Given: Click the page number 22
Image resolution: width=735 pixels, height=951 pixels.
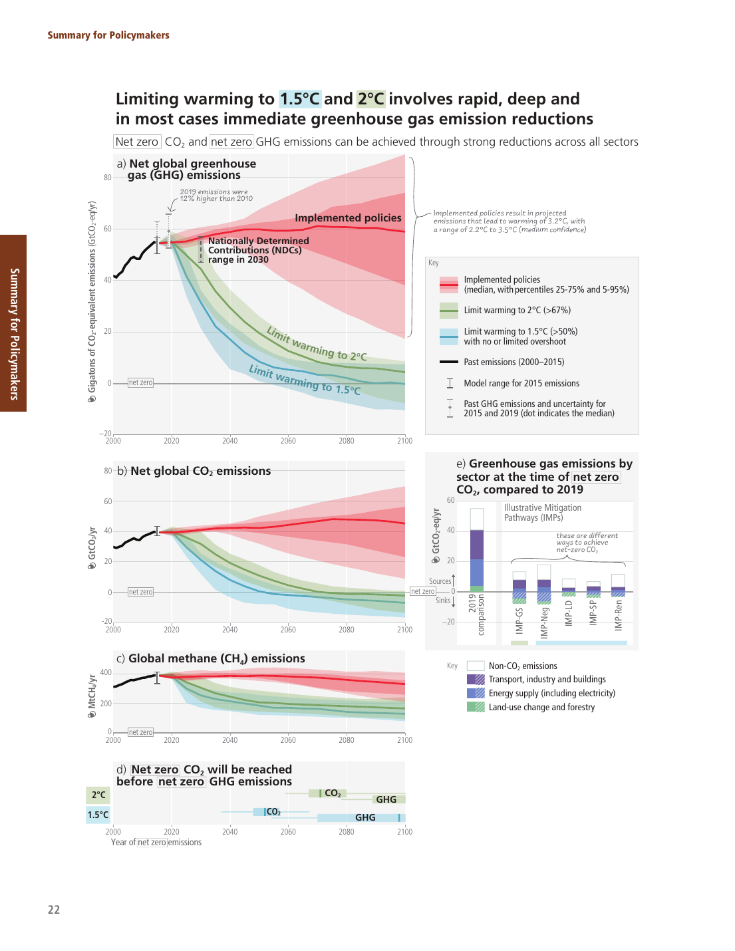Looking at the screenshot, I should point(54,910).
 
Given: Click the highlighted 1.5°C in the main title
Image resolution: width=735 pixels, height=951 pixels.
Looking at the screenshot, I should point(299,99).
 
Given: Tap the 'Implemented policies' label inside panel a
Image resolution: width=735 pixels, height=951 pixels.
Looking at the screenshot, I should point(348,218).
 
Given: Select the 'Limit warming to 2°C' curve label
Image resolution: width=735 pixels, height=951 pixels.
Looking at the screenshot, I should point(317,344).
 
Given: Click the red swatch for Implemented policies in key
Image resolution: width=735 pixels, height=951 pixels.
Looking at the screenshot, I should point(448,285).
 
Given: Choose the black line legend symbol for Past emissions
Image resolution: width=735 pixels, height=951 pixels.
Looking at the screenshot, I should point(448,362).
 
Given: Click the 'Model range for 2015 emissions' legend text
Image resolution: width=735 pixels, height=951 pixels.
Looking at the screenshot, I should point(521,384).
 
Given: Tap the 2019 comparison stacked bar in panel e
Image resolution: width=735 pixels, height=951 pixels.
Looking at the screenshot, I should point(476,550).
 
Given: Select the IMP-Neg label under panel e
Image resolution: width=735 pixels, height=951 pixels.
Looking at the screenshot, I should point(545,622).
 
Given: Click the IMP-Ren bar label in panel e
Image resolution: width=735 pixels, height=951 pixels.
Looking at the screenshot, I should point(619,615).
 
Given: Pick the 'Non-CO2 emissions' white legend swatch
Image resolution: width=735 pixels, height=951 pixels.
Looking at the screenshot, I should point(476,666).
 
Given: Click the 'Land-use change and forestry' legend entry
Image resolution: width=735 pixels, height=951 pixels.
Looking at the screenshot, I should point(541,707).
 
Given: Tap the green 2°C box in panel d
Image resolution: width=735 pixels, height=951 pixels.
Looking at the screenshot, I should point(98,795).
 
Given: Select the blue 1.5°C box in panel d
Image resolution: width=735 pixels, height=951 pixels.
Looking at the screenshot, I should point(98,815).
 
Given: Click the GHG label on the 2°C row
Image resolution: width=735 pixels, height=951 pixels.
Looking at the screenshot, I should point(386,799).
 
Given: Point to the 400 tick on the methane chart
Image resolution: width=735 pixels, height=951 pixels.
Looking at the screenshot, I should point(106,672).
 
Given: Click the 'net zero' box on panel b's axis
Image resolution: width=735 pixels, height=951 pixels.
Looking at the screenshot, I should point(140,592).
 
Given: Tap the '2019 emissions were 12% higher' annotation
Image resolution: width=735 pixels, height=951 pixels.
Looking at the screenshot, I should point(216,195).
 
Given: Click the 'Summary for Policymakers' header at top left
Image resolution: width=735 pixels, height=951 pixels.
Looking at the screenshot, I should point(108,35).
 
